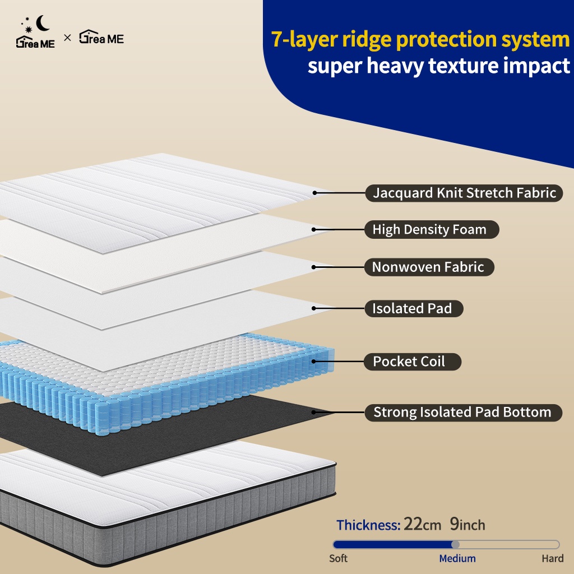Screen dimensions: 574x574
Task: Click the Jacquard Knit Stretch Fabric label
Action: (464, 193)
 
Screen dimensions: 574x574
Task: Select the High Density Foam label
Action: (429, 229)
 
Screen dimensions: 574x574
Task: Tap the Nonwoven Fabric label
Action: (428, 267)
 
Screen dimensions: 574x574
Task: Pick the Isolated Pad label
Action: (412, 308)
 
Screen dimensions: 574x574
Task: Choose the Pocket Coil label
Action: (409, 362)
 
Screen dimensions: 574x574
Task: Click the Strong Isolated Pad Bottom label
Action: (462, 413)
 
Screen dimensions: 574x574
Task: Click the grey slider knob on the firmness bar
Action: (455, 544)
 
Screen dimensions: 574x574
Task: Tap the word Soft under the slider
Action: (338, 558)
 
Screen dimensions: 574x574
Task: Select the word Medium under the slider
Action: (457, 558)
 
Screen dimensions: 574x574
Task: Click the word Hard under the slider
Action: (552, 558)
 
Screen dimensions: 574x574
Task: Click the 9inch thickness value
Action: (467, 525)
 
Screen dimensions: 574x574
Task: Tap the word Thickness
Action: (368, 525)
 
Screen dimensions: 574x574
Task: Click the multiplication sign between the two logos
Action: (67, 39)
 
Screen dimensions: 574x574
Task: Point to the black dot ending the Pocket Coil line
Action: (315, 362)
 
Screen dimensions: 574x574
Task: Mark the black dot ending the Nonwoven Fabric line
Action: (315, 267)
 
